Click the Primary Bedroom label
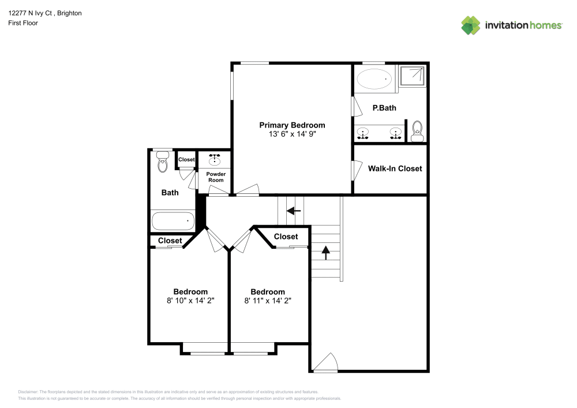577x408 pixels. click(292, 125)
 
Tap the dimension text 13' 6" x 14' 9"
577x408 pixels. click(292, 134)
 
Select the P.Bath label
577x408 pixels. click(384, 108)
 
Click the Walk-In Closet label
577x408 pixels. click(395, 169)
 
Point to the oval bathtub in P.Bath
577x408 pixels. click(374, 79)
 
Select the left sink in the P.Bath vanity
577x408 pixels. click(363, 133)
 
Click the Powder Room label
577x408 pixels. click(216, 177)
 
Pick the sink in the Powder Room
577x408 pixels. click(216, 159)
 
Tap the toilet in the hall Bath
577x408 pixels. click(162, 163)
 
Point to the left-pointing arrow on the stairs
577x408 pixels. click(294, 211)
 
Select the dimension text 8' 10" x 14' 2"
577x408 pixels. click(190, 300)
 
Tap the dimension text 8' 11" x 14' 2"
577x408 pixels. click(267, 300)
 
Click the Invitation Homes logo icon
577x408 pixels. click(470, 25)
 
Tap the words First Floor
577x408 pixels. click(23, 23)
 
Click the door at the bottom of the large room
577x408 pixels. click(327, 364)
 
